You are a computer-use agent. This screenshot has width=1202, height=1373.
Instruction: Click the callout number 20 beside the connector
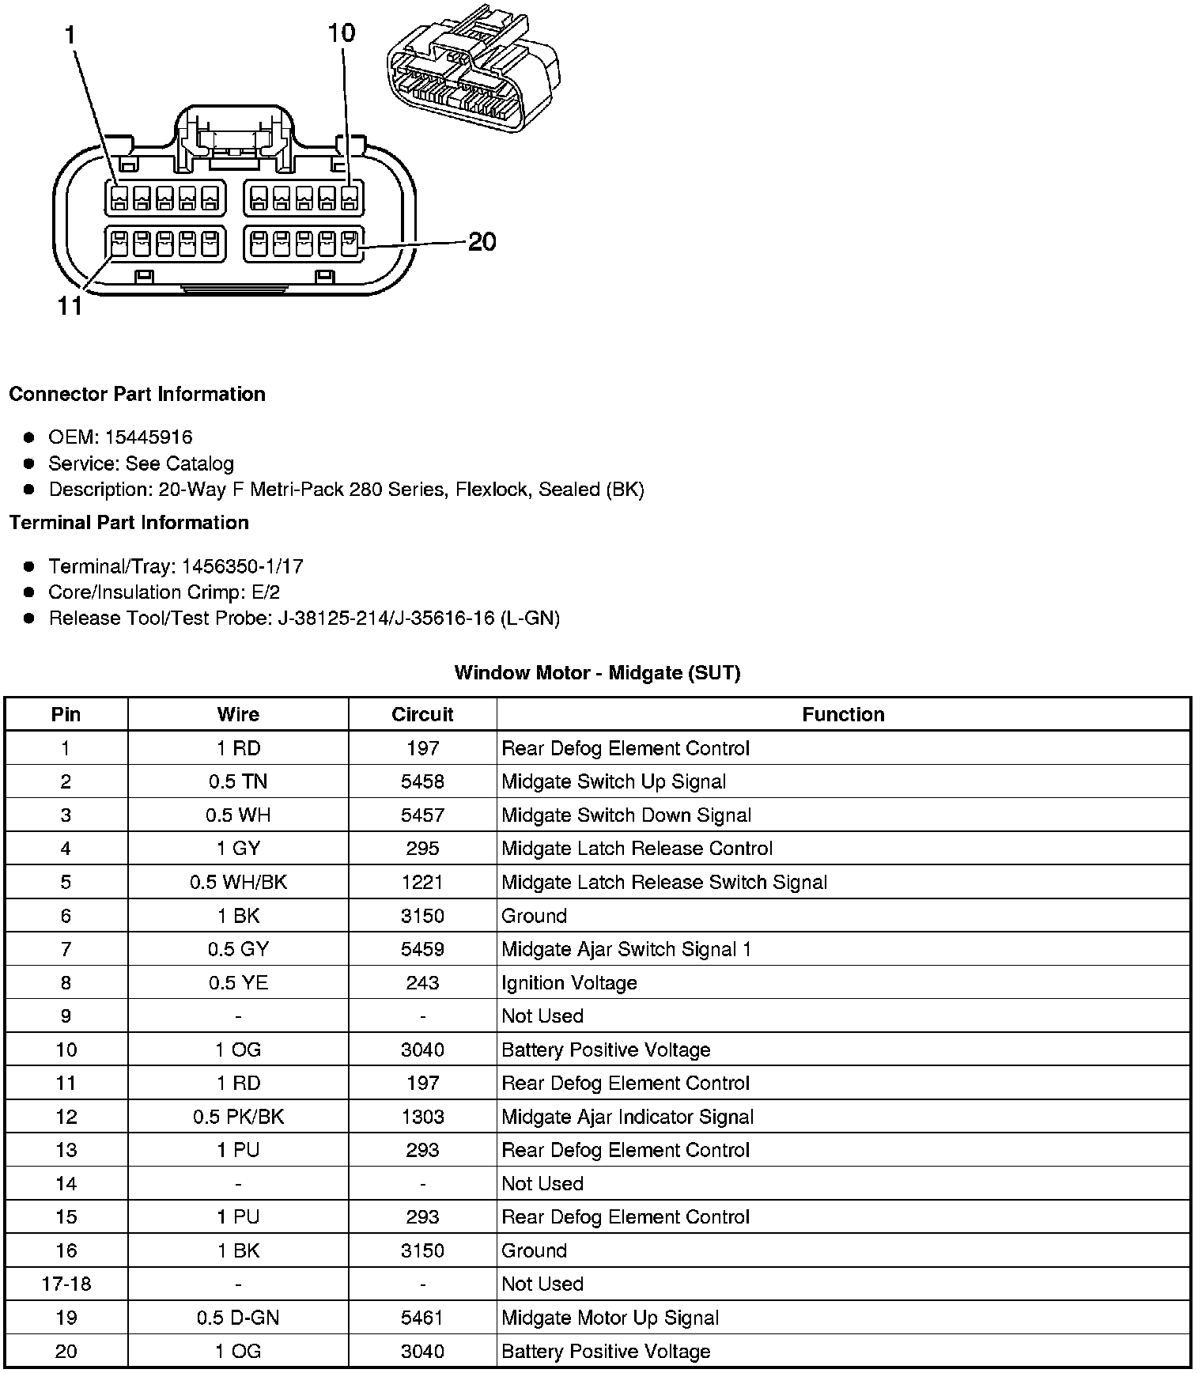[x=482, y=241]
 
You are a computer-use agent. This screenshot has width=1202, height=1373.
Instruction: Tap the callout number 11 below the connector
[x=70, y=306]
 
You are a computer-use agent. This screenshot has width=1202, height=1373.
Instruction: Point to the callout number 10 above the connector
[x=342, y=33]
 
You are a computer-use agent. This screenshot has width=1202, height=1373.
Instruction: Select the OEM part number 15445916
[x=149, y=437]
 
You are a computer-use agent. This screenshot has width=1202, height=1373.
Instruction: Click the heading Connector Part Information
[x=138, y=394]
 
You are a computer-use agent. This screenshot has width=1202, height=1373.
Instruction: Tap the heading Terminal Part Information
[x=129, y=523]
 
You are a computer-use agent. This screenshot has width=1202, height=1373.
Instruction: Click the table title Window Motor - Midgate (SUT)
[x=597, y=673]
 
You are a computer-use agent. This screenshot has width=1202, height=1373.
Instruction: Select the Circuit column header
[x=422, y=715]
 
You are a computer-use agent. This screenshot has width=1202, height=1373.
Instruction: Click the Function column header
[x=843, y=715]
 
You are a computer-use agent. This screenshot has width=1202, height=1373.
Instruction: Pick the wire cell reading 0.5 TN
[x=238, y=782]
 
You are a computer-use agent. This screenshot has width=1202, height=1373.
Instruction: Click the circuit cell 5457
[x=422, y=815]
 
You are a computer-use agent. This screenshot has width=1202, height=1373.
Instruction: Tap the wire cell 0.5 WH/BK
[x=238, y=883]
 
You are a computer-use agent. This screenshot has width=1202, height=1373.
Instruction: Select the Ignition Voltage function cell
[x=569, y=983]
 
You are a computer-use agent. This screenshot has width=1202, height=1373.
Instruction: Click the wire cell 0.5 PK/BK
[x=238, y=1117]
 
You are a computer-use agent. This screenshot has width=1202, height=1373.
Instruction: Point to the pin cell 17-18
[x=66, y=1284]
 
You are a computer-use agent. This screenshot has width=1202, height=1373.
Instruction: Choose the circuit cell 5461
[x=422, y=1318]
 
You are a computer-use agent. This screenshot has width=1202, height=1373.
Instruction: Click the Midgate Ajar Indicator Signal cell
[x=628, y=1117]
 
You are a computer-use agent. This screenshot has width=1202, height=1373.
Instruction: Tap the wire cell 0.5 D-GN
[x=238, y=1318]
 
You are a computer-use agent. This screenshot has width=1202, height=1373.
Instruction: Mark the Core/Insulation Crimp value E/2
[x=264, y=592]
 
